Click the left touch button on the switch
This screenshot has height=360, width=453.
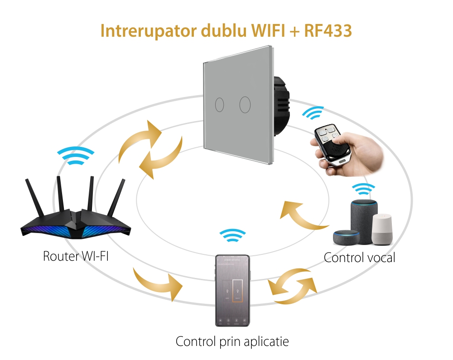coord(219,105)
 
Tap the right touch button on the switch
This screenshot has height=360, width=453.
coord(245,104)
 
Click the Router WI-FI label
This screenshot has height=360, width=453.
coord(76,256)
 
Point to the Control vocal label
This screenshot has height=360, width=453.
coord(359,258)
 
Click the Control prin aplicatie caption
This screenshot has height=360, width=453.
coord(232,341)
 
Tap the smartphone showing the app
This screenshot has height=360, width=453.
coord(232,290)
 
